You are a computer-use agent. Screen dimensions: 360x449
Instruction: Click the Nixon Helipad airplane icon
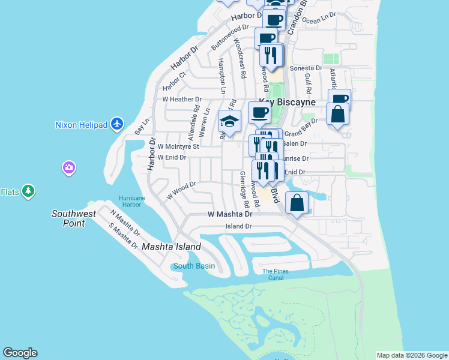click(x=117, y=124)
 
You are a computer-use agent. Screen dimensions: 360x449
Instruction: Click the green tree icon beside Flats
click(x=28, y=191)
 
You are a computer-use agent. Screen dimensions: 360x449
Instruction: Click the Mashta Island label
click(x=171, y=247)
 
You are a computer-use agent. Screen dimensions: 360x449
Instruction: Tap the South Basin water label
click(x=194, y=266)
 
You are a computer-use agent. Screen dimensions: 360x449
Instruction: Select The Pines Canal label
click(x=276, y=274)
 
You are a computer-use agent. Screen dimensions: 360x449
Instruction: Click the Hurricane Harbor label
click(x=131, y=201)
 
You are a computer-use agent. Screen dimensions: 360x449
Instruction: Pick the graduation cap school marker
click(x=229, y=121)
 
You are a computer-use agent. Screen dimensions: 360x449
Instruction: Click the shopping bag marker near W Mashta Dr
click(x=297, y=203)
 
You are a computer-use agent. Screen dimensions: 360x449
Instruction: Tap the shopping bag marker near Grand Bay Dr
click(x=338, y=114)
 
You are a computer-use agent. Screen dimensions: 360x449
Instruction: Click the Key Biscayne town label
click(x=287, y=103)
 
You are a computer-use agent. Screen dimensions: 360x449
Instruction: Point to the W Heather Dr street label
click(x=182, y=99)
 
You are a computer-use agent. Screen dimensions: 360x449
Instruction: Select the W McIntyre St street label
click(x=174, y=146)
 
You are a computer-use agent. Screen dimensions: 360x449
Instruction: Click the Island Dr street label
click(x=238, y=226)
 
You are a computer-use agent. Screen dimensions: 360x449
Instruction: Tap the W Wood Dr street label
click(x=181, y=191)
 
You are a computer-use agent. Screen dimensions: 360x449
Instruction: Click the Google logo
click(x=20, y=353)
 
